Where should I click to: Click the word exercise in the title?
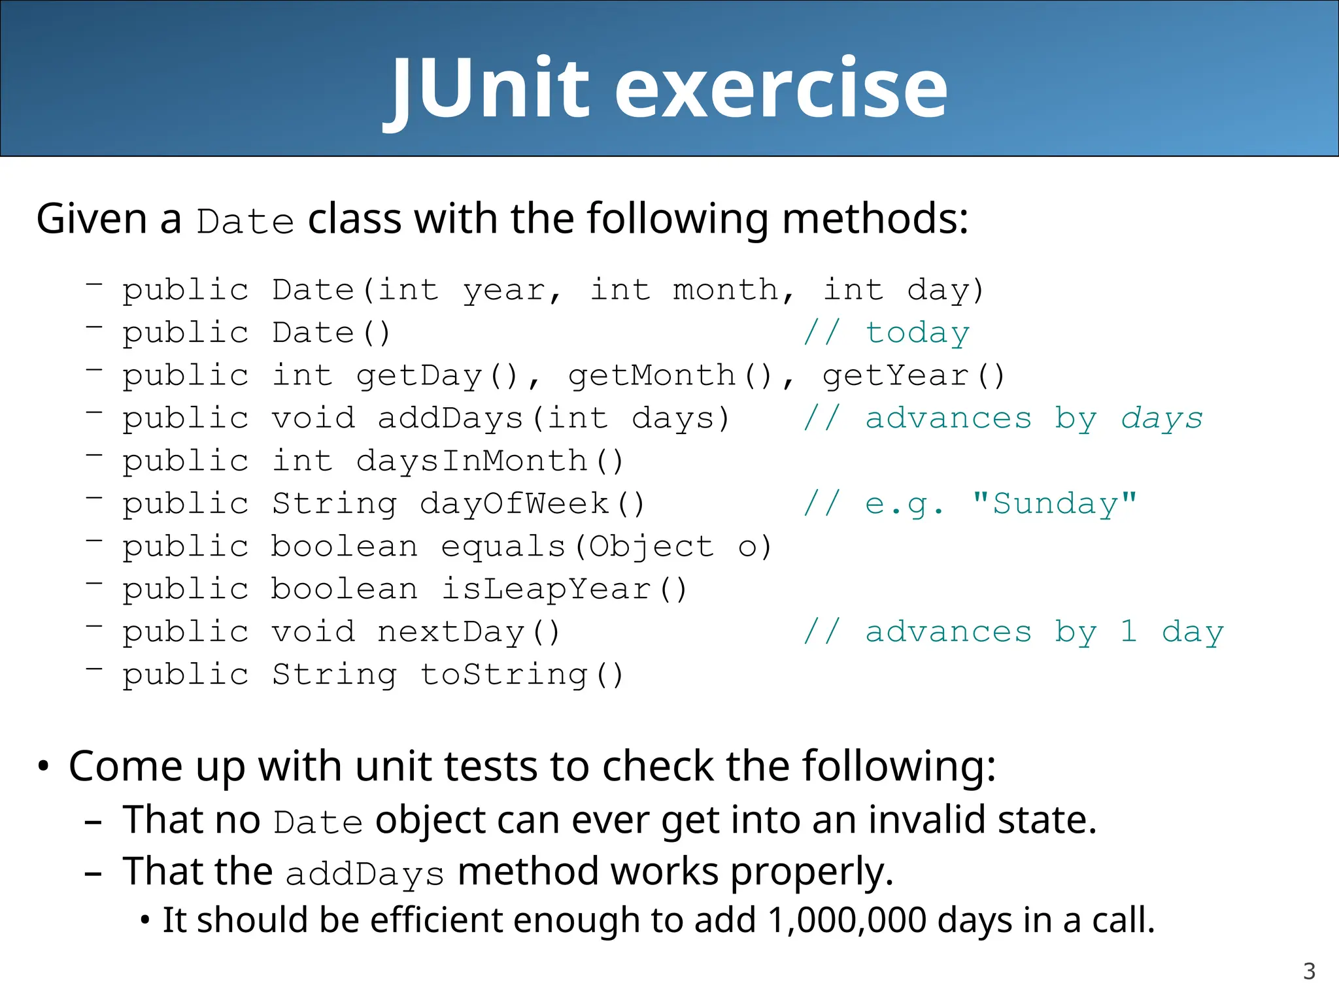click(781, 88)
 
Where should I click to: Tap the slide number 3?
click(1309, 971)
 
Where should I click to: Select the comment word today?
click(917, 333)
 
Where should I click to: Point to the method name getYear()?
click(913, 376)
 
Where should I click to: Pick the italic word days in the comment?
click(1162, 418)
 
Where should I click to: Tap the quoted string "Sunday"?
click(1055, 504)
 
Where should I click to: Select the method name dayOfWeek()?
click(532, 504)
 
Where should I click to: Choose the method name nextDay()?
click(469, 632)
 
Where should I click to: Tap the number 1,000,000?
click(847, 920)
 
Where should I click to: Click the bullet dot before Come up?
click(43, 767)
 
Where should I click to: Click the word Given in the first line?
click(92, 218)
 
